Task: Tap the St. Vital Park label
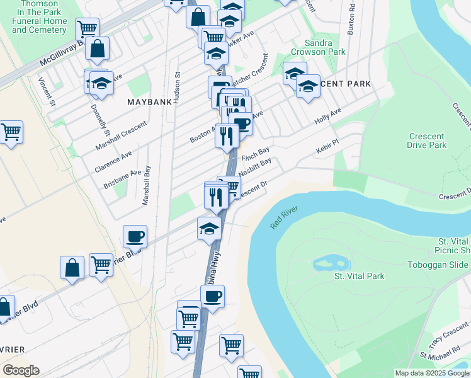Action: pyautogui.click(x=359, y=276)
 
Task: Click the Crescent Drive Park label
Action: pyautogui.click(x=428, y=141)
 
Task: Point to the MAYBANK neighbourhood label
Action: pyautogui.click(x=149, y=101)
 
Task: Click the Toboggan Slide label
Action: pyautogui.click(x=445, y=265)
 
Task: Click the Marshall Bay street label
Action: pyautogui.click(x=147, y=185)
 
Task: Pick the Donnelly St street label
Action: pyautogui.click(x=105, y=123)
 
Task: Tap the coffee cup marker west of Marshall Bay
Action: pyautogui.click(x=135, y=238)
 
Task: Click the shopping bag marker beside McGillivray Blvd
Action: pyautogui.click(x=98, y=49)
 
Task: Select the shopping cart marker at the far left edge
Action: pyautogui.click(x=11, y=133)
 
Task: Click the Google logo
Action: pyautogui.click(x=21, y=370)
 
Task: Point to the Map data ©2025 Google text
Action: pyautogui.click(x=432, y=373)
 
